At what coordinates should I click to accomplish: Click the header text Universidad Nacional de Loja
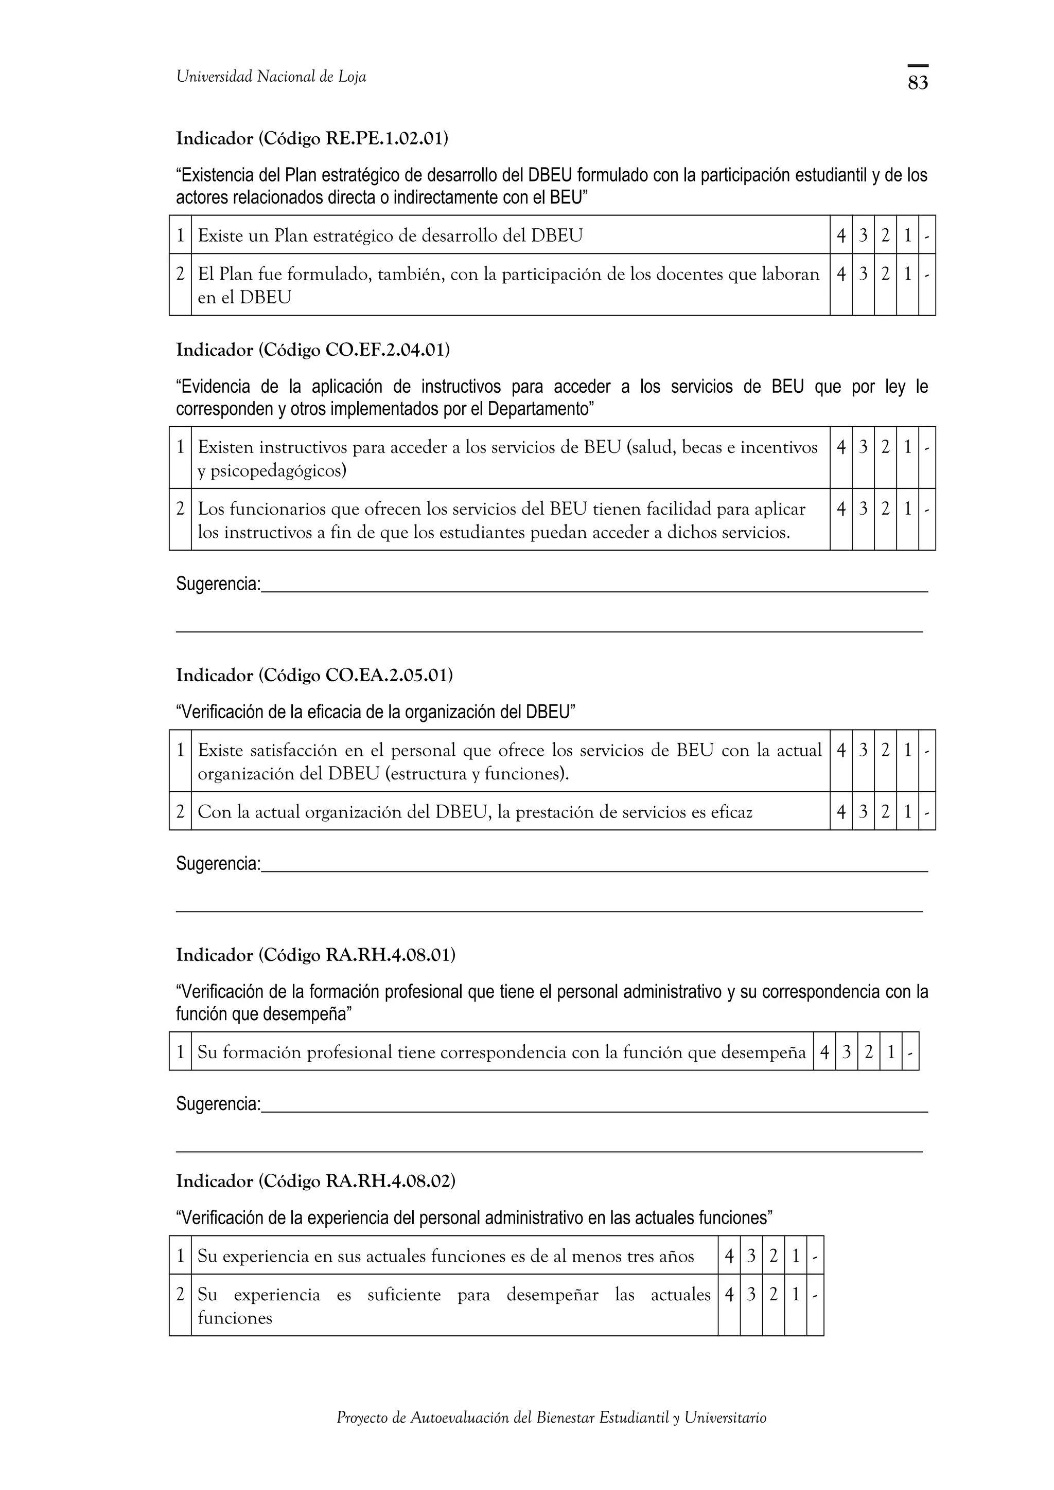click(271, 77)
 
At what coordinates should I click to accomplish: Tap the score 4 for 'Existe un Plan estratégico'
click(840, 235)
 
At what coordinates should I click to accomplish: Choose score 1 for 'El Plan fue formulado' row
click(907, 275)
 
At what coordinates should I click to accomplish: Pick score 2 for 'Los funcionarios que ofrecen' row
click(885, 509)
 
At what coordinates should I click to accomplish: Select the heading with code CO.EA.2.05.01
click(314, 675)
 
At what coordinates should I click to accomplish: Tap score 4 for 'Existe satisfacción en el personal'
click(840, 750)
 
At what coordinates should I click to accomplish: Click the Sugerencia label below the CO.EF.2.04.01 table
click(218, 584)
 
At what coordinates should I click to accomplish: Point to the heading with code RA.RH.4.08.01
click(315, 955)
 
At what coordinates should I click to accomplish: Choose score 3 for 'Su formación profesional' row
click(846, 1052)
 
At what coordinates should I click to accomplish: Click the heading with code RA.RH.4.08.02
click(315, 1181)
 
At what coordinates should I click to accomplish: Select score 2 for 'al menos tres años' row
click(773, 1257)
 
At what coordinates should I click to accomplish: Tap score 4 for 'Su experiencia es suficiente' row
click(729, 1295)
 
